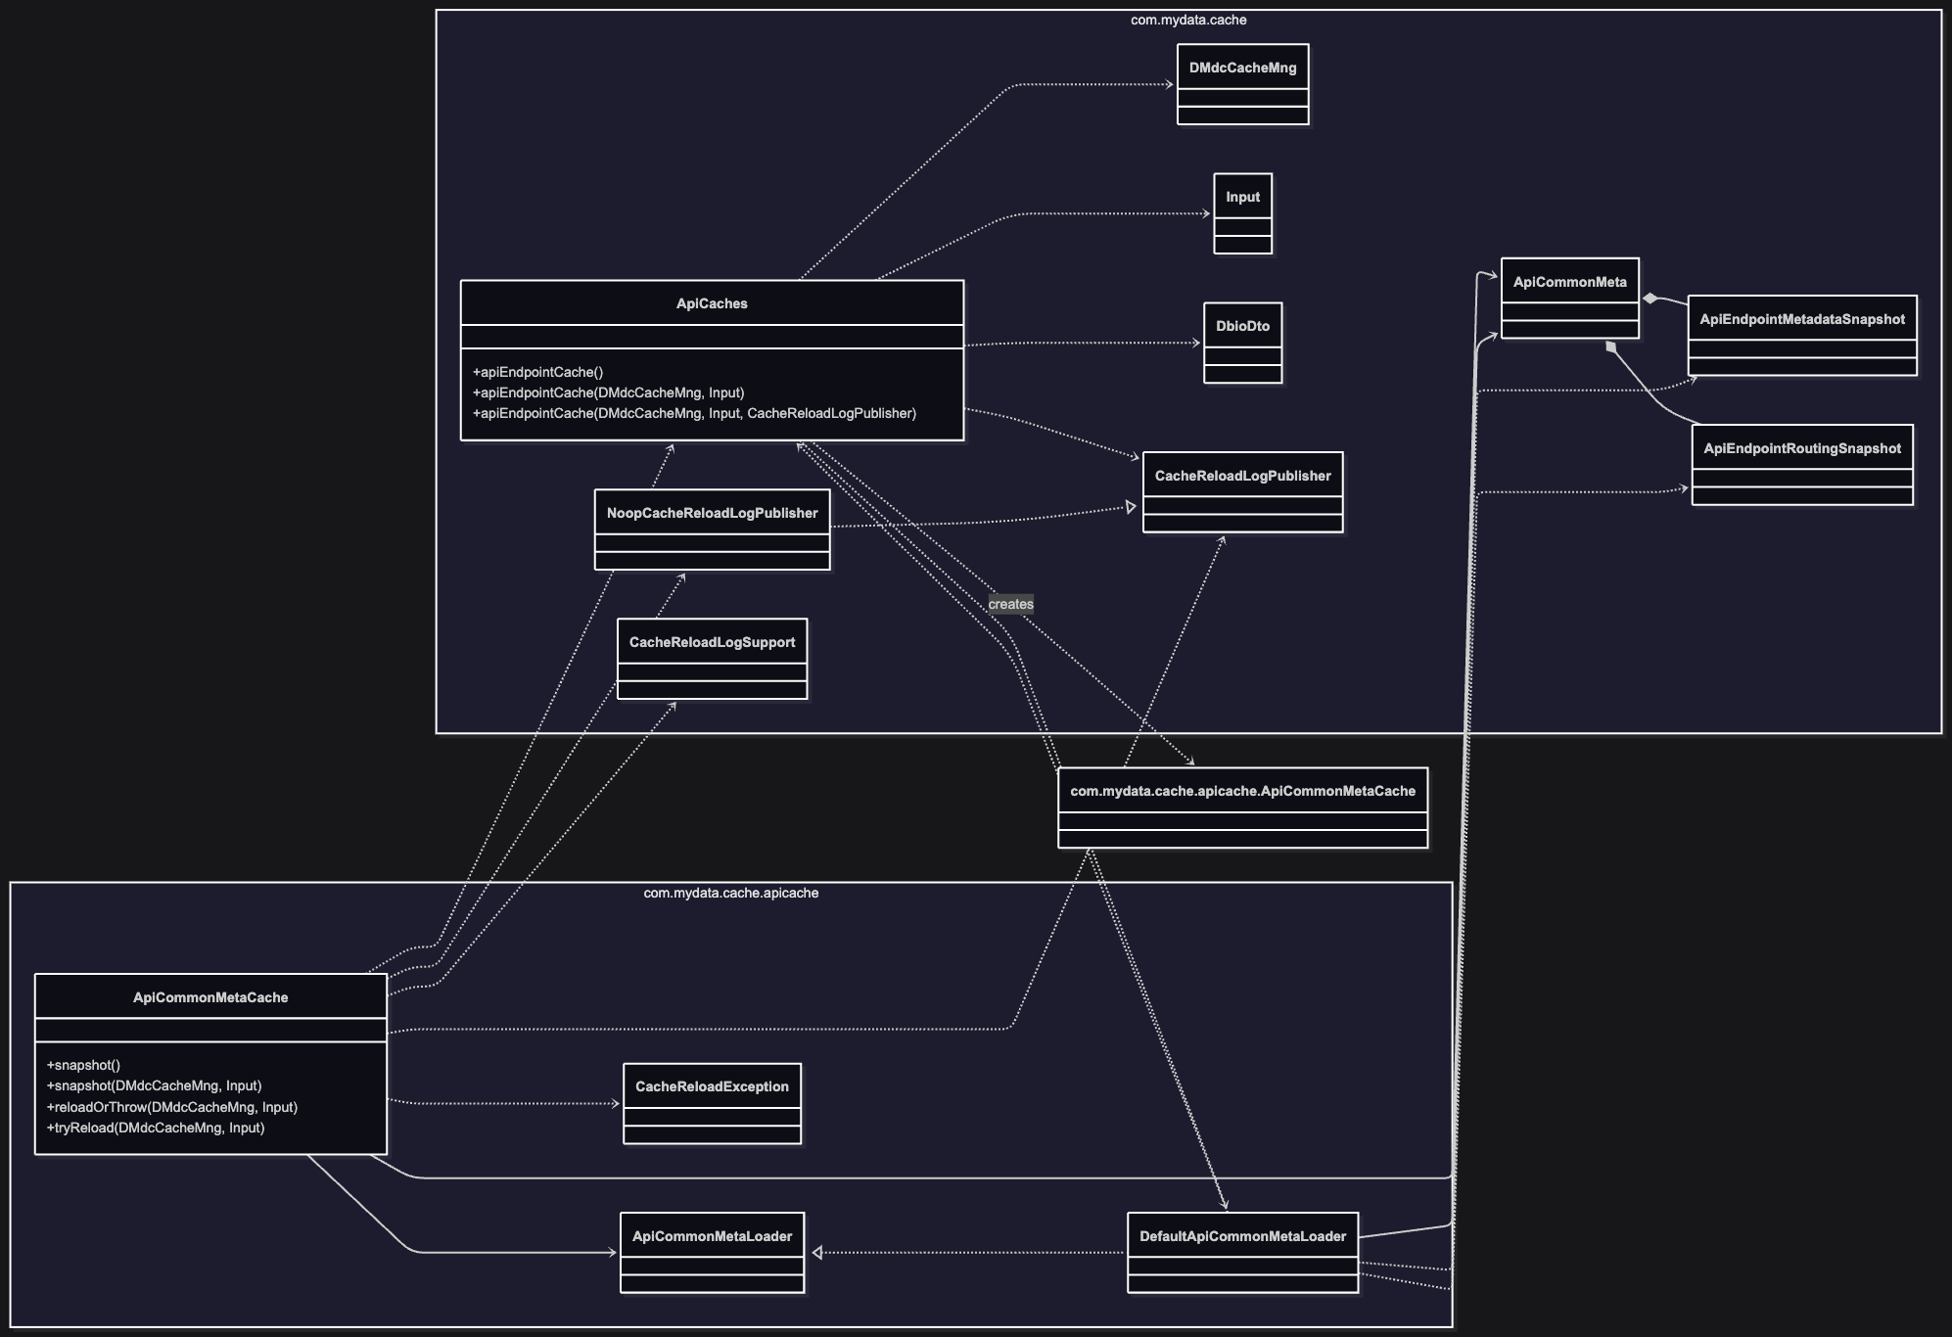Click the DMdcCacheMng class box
1242,84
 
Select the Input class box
1242,213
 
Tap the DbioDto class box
1242,343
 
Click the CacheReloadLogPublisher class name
1242,476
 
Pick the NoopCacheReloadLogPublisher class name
712,513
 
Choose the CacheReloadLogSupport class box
712,659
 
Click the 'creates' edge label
1010,604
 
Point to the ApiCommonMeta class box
1569,298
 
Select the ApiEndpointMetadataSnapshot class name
1801,319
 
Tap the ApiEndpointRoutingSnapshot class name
1801,448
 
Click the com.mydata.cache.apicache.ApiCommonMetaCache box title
1242,791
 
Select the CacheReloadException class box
712,1103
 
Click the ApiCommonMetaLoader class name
712,1236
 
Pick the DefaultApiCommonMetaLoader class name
1242,1236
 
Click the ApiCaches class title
712,303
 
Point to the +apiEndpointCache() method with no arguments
537,372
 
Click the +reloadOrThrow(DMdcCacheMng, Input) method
172,1107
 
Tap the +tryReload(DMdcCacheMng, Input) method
156,1128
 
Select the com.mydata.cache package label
1187,20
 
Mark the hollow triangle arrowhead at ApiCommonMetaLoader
817,1252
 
